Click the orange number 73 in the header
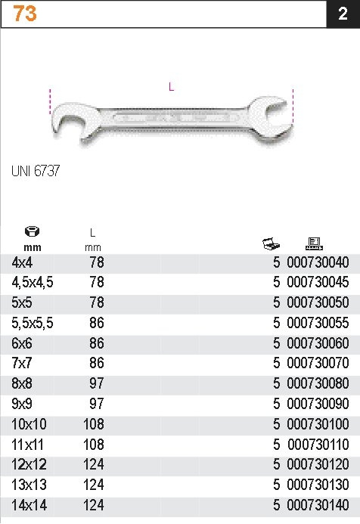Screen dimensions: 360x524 [25, 14]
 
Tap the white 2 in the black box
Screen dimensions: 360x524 [343, 14]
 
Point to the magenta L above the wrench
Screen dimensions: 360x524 [171, 87]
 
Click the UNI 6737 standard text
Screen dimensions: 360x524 [36, 171]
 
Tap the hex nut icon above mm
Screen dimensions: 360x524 [32, 231]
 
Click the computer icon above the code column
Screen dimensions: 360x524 [314, 243]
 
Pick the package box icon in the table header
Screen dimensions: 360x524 [271, 243]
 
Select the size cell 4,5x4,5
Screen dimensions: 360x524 [33, 283]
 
